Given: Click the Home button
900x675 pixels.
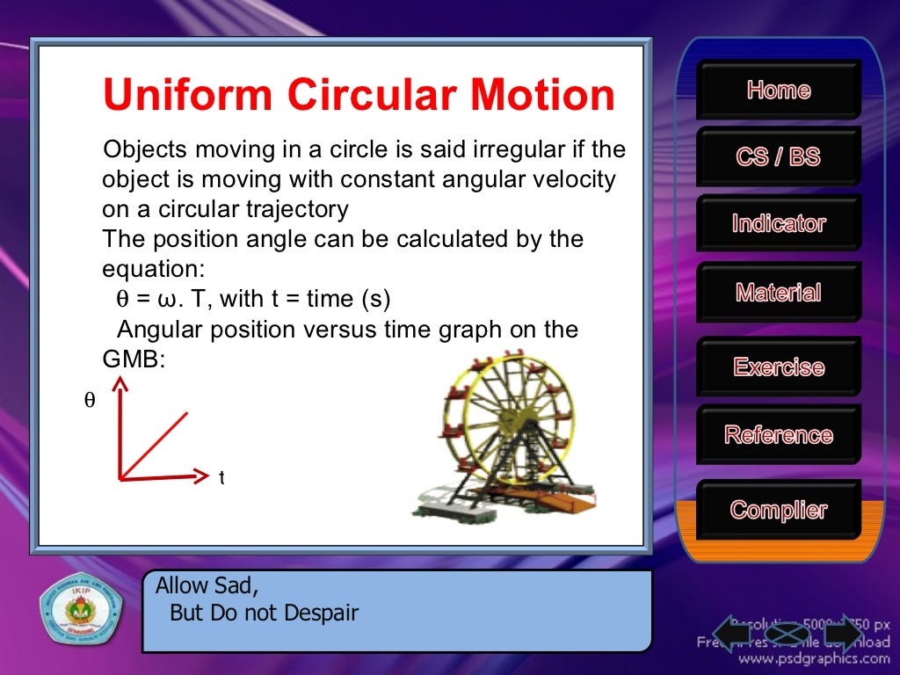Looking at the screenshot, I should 779,90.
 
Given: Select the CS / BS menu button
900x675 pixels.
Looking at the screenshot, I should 779,157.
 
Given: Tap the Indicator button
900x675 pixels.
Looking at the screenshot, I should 779,224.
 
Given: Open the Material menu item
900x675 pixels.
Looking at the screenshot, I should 779,293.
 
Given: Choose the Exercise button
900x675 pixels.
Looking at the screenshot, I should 779,367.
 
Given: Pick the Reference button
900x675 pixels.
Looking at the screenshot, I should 779,435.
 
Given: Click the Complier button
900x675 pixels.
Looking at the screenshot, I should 779,510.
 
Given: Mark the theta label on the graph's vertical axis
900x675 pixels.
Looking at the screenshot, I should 89,401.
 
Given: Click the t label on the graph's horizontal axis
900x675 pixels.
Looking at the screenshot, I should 221,478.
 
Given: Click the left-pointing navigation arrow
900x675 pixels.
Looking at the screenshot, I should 732,633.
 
